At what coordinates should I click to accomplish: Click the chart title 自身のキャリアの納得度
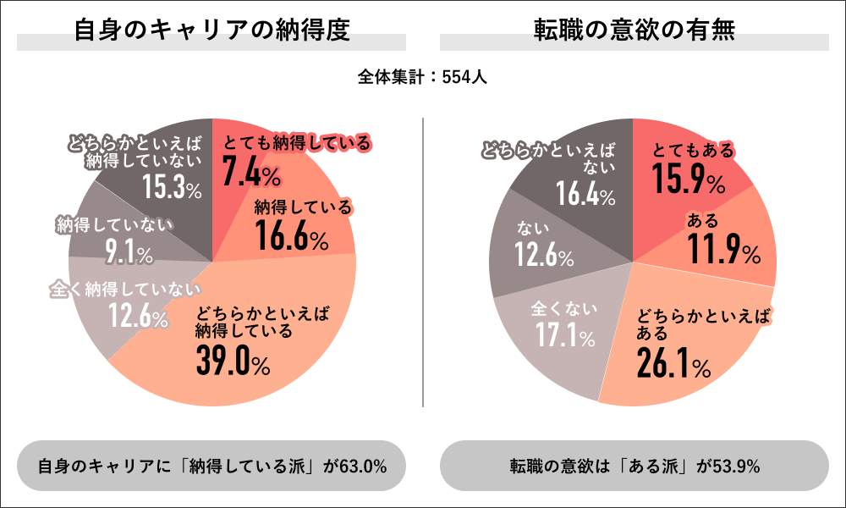211,31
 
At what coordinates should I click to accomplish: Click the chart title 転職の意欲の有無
634,31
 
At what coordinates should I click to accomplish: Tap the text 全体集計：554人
421,77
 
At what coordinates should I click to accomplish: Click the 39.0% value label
233,362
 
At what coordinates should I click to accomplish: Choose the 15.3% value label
172,188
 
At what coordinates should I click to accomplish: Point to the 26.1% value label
673,364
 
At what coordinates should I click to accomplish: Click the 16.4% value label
585,196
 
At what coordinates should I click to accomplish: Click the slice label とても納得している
296,144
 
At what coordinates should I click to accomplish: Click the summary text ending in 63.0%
212,466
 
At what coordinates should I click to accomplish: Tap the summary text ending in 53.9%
634,466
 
